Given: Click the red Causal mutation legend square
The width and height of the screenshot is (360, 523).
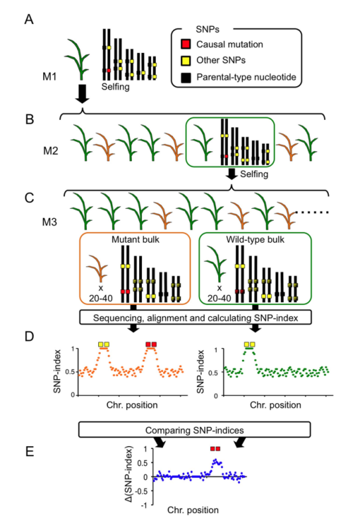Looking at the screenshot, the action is tap(186, 44).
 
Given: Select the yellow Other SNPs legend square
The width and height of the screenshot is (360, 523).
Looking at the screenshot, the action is tap(186, 60).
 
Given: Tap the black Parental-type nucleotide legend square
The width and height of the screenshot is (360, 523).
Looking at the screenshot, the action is tap(186, 78).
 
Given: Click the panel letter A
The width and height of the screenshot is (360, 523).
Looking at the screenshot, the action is tap(29, 19).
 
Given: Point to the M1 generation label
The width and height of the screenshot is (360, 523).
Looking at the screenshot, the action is tap(49, 77).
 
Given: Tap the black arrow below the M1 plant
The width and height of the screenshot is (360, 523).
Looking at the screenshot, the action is tap(82, 93).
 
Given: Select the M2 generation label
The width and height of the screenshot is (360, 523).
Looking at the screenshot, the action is tap(50, 150).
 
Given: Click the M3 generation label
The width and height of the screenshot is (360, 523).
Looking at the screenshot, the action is tap(49, 222).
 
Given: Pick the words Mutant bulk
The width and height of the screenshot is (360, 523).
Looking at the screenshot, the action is tap(135, 239).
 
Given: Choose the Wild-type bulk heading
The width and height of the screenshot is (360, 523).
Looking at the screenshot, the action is tap(255, 239).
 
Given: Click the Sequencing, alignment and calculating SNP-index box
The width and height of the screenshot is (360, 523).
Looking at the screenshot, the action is tap(195, 318).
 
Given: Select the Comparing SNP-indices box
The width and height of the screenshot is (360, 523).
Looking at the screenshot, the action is tap(194, 430).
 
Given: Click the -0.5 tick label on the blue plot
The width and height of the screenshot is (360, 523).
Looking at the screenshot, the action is tap(142, 491).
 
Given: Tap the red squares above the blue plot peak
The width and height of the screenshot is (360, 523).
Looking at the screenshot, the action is tap(215, 449).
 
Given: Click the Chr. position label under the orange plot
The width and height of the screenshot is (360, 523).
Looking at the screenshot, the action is tap(132, 405).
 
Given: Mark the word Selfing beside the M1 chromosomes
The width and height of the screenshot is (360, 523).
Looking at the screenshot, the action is tap(115, 87).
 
